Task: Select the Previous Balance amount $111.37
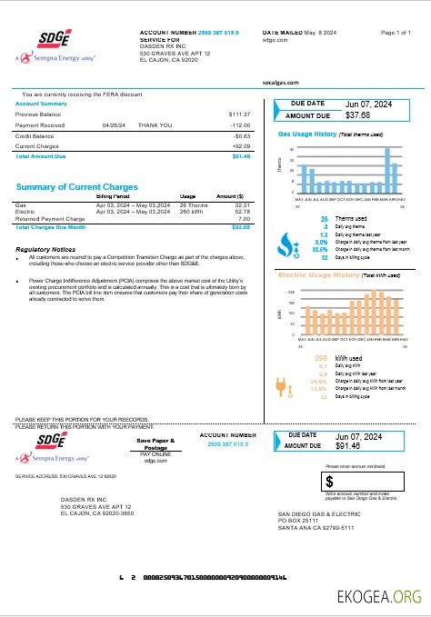point(240,114)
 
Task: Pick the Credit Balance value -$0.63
point(241,135)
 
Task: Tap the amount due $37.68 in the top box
point(358,116)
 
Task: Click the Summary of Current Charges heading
point(77,186)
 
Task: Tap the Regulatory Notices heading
point(45,249)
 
